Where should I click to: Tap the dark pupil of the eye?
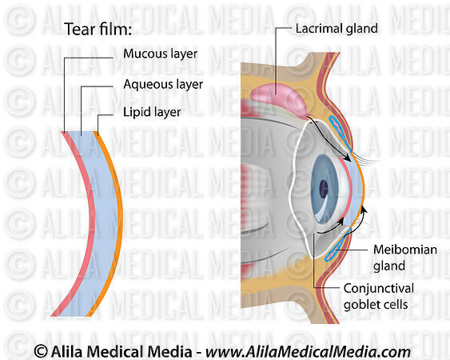[x=324, y=189]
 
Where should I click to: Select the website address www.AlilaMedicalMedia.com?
[x=309, y=350]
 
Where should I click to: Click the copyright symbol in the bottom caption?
[x=40, y=350]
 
